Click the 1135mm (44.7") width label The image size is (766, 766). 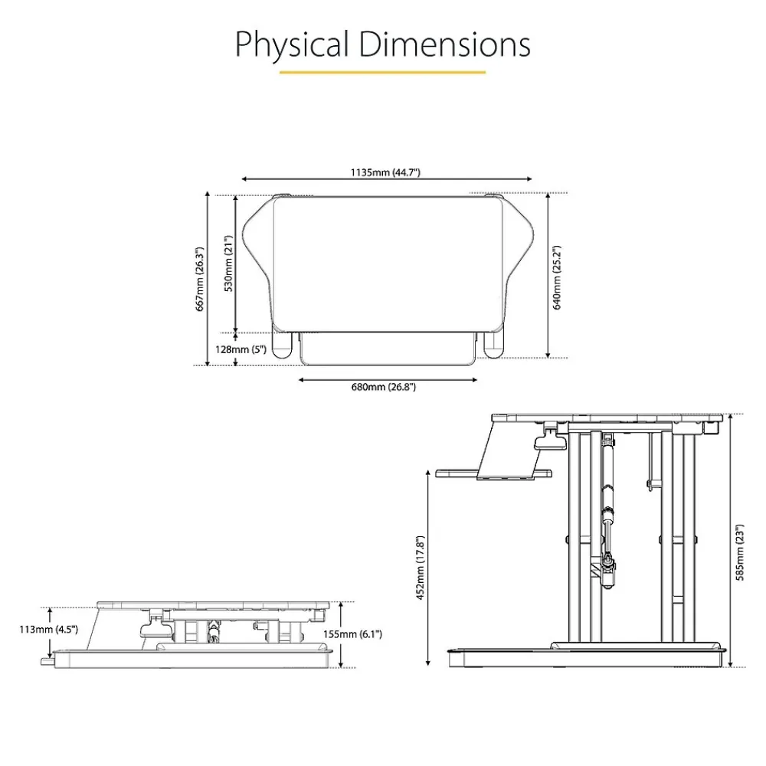coord(385,172)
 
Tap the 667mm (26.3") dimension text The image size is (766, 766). coord(200,279)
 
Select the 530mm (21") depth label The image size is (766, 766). coord(228,264)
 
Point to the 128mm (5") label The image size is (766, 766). coord(241,349)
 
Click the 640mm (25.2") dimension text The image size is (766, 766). coord(556,277)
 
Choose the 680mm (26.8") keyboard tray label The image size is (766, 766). coord(384,387)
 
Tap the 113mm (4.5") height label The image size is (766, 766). coord(48,629)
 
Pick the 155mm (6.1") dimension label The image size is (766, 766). coord(352,634)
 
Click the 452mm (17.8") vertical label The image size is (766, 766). coord(420,568)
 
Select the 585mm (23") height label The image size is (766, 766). coord(740,552)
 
